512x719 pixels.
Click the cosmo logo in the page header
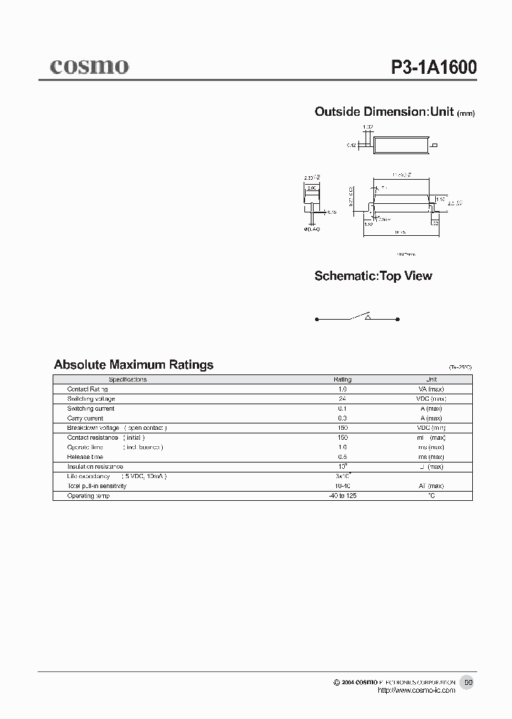[89, 66]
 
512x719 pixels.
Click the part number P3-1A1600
[434, 67]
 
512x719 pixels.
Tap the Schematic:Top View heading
[373, 276]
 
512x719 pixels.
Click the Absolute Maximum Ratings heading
[134, 364]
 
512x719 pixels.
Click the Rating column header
[343, 379]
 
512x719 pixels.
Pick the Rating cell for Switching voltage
[343, 399]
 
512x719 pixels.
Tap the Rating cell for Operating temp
[343, 495]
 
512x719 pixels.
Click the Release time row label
[85, 457]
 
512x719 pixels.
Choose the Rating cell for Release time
[343, 457]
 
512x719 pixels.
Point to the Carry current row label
[85, 418]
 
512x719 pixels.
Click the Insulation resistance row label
[96, 466]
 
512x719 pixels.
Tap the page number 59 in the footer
[468, 682]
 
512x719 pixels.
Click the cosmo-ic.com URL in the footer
[416, 691]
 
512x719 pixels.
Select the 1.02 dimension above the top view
[368, 127]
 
